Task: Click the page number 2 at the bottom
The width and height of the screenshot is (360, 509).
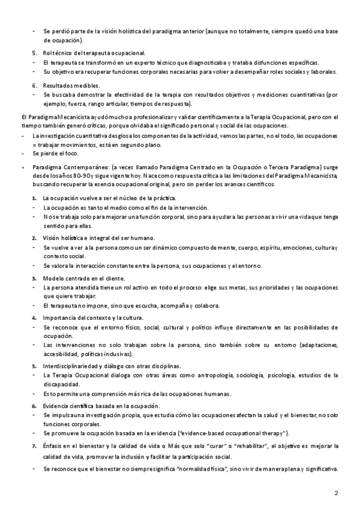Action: [337, 493]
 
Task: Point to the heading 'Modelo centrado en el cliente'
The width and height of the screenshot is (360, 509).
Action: [83, 278]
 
